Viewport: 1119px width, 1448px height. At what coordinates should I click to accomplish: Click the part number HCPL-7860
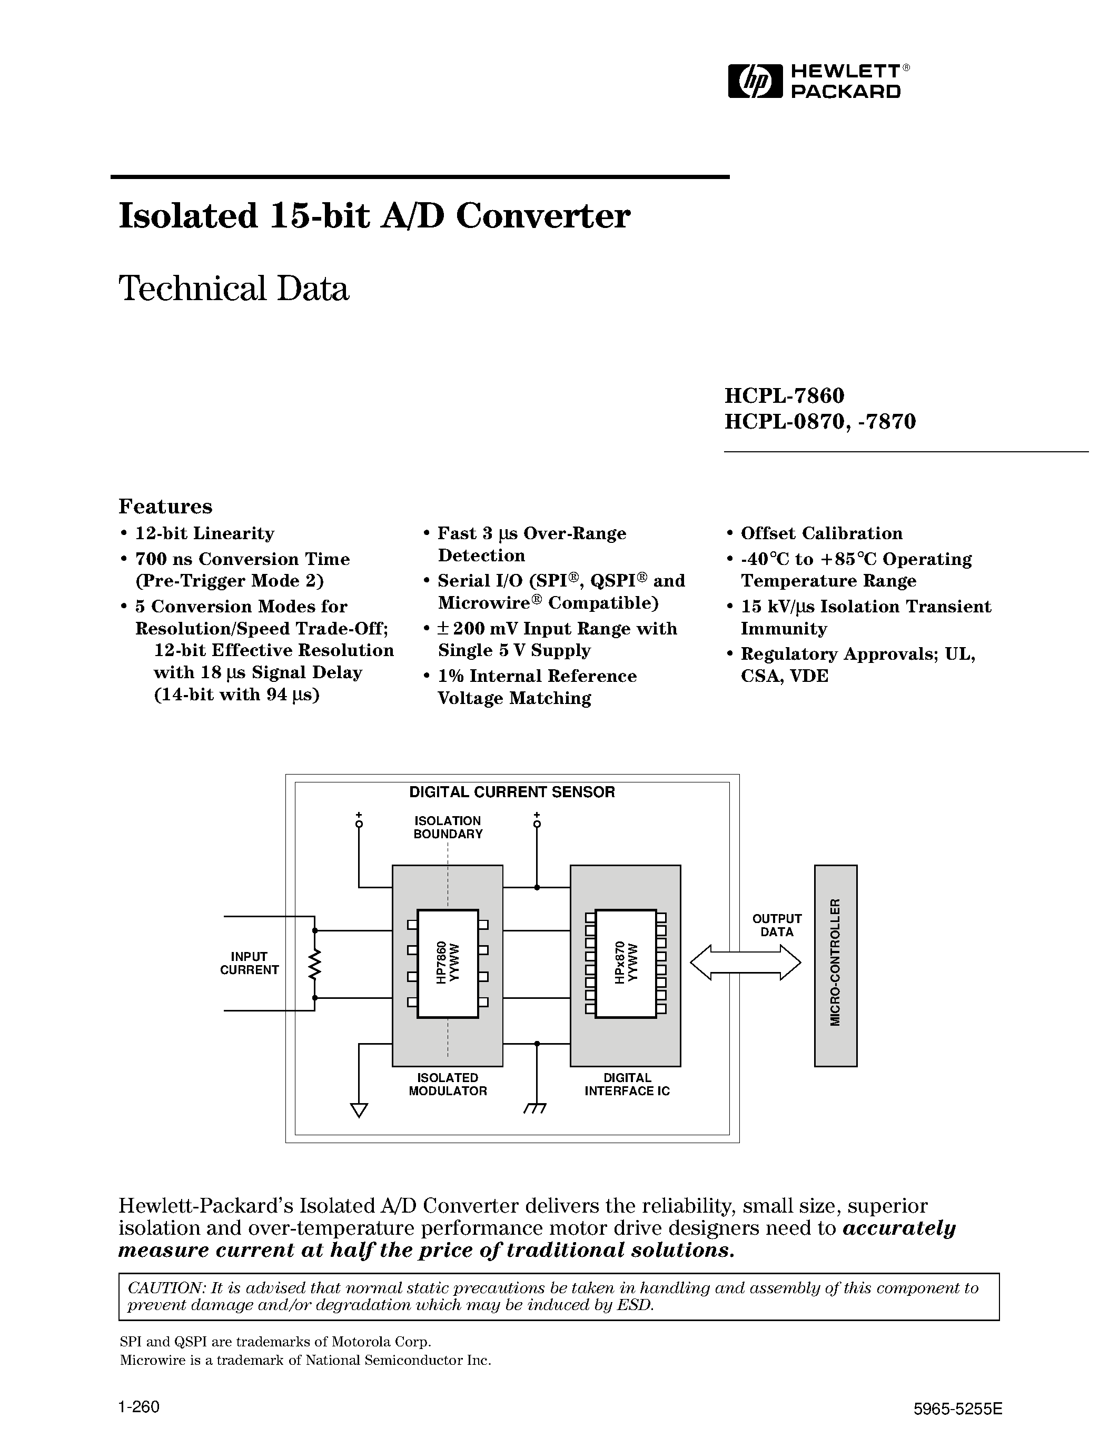(x=784, y=395)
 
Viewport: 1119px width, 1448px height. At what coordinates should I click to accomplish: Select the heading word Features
(x=165, y=507)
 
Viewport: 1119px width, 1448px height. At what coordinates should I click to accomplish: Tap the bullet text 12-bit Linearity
(x=204, y=534)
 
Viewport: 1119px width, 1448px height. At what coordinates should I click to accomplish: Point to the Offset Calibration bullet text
(x=821, y=534)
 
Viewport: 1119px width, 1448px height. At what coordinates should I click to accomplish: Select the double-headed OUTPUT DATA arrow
(x=745, y=962)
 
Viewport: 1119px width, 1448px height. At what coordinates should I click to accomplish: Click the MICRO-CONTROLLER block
(x=835, y=965)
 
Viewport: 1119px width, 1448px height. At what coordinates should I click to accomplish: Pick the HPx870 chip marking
(x=627, y=963)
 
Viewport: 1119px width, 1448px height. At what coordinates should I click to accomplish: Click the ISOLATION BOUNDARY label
(x=448, y=827)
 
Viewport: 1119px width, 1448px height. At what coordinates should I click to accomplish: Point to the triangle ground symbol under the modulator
(x=359, y=1110)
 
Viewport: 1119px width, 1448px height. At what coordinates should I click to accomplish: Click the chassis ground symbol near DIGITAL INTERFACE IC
(x=536, y=1108)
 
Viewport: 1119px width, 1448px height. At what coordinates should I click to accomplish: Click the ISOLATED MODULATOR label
(x=448, y=1085)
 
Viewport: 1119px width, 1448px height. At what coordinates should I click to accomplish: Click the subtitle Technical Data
(x=233, y=289)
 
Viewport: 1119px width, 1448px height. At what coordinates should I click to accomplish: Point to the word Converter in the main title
(x=543, y=216)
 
